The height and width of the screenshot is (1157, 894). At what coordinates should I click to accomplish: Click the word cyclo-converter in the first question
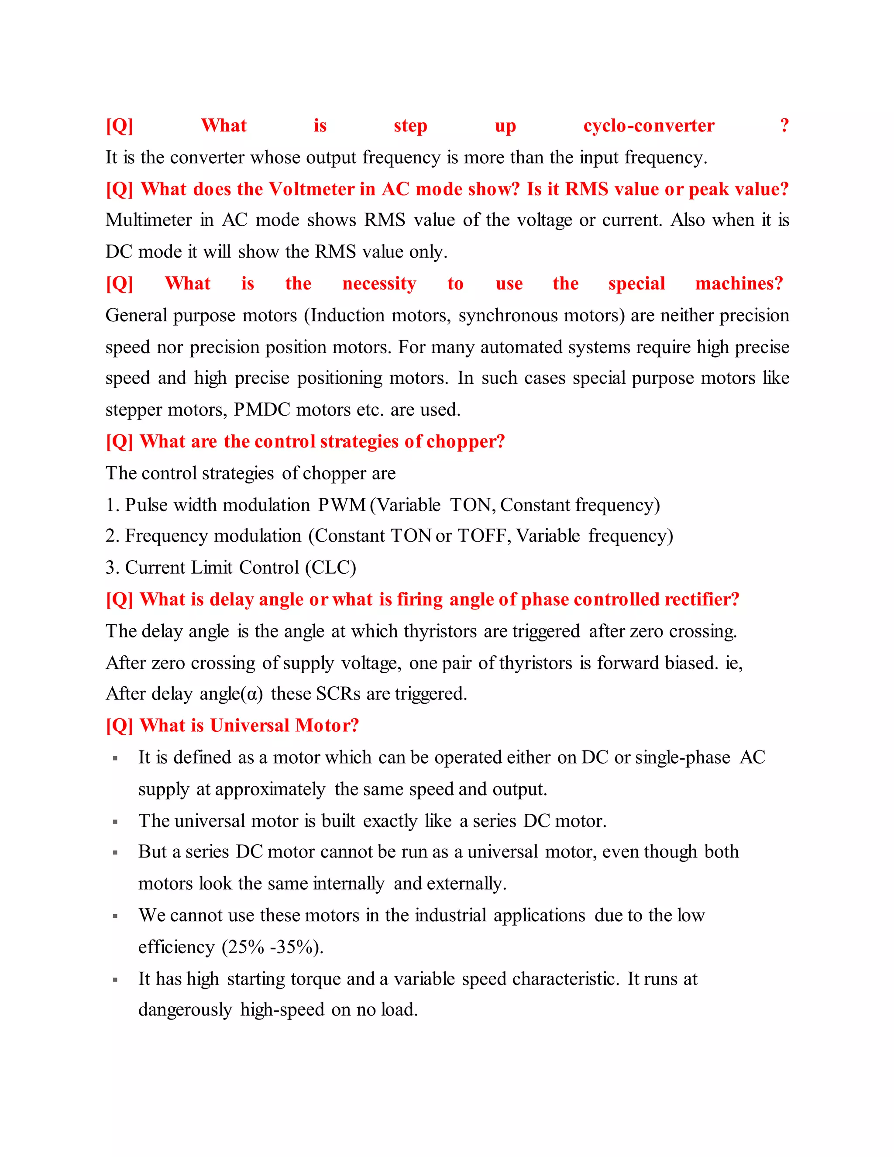point(648,126)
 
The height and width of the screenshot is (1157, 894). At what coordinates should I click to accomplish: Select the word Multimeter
point(148,220)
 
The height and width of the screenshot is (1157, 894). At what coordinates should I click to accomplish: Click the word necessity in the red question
point(379,284)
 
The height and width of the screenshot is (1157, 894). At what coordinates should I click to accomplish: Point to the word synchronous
point(508,316)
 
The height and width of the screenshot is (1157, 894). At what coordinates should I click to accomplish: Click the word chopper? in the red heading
point(465,442)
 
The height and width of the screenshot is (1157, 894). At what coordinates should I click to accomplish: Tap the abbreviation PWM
point(342,505)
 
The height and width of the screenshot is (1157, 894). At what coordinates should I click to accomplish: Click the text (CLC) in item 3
point(330,568)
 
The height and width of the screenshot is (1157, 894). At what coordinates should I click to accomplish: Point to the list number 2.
point(111,536)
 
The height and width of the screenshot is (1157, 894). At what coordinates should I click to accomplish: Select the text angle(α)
point(231,694)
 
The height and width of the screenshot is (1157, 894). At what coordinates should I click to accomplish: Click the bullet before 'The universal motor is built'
point(115,822)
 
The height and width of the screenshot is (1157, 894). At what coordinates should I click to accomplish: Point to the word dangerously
point(185,1010)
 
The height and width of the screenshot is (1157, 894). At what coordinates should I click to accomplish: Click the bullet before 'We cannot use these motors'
point(115,916)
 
